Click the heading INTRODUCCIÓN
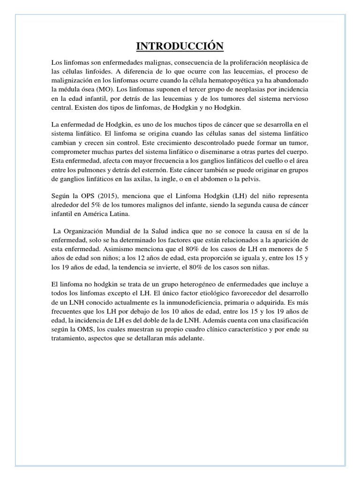click(x=180, y=46)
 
